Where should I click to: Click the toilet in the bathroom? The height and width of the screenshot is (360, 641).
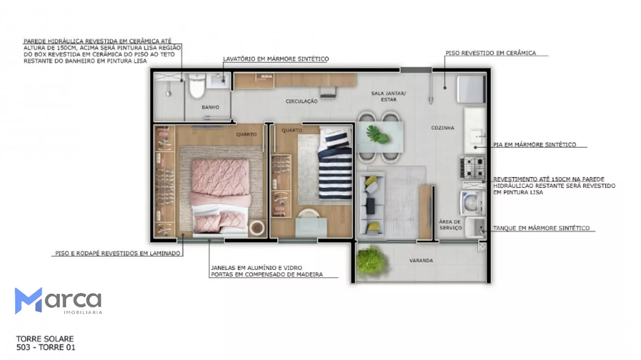coord(197,85)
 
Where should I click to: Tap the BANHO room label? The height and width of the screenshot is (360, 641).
coord(210,107)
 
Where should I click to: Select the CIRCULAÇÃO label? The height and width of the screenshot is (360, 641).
coord(301,101)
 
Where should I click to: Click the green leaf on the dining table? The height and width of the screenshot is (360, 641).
coord(377,134)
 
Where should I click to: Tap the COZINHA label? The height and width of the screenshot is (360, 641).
coord(443,128)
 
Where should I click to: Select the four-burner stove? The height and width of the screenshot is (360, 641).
coord(473,168)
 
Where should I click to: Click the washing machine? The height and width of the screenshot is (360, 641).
coord(472,203)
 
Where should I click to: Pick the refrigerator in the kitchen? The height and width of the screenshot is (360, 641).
coord(471,89)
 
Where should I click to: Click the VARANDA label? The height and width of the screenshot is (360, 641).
coord(421,260)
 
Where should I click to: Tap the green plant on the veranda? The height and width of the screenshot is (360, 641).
coord(371,260)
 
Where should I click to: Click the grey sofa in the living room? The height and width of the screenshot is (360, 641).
coord(371,205)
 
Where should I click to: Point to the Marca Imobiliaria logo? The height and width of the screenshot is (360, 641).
coord(58,301)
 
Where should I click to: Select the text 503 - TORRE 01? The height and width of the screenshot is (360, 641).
coord(46,347)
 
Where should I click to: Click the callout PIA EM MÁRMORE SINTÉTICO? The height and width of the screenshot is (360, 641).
coord(534,145)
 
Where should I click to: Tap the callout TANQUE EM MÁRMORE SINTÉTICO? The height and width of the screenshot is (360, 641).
coord(542,229)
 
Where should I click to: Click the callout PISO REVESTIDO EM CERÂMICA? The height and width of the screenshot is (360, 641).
coord(491,53)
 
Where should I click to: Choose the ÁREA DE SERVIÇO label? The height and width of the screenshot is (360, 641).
coord(450,225)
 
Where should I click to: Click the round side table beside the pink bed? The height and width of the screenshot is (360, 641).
coord(257,228)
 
